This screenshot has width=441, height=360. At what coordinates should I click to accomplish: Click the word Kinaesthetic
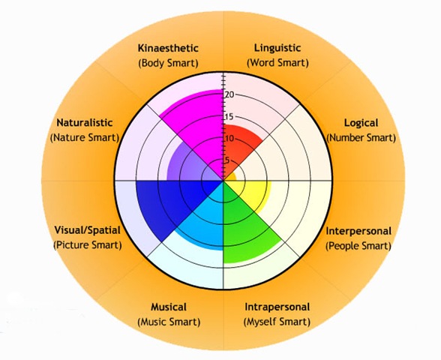coord(168,48)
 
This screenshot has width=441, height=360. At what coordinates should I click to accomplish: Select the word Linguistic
coord(277,48)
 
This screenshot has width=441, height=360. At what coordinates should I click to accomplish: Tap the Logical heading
coord(361,123)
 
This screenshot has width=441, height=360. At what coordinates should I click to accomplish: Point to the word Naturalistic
coord(84,123)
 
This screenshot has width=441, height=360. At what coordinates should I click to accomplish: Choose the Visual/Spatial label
coord(87,230)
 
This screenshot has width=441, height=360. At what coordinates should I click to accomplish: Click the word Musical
coord(169,307)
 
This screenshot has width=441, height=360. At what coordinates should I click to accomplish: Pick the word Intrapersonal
coord(277,307)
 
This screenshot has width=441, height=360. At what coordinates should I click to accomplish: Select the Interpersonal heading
coord(358,231)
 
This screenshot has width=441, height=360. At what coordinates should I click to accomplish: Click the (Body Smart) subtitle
coord(168,63)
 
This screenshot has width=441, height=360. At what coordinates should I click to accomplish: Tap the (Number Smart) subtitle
coord(361,138)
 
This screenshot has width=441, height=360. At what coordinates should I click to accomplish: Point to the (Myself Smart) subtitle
coord(277,322)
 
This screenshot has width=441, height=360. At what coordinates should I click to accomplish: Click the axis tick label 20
coord(229,94)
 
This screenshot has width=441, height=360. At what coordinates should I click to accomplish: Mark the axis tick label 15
coord(229,116)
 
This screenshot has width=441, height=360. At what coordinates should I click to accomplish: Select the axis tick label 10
coord(229,138)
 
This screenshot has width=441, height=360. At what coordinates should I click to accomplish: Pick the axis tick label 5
coord(227,160)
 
